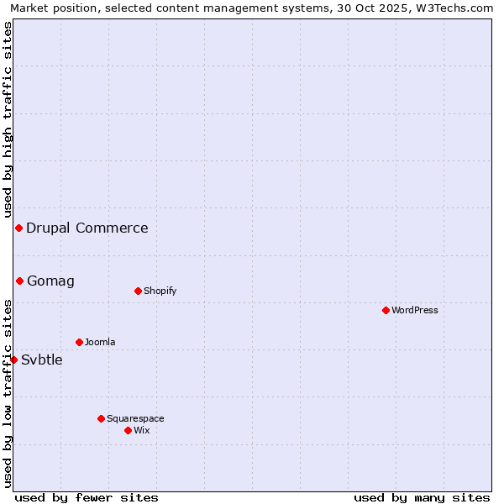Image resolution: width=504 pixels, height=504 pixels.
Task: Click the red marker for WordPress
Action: [386, 310]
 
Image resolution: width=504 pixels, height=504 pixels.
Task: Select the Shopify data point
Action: [138, 291]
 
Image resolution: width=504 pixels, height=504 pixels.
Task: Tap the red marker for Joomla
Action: [79, 342]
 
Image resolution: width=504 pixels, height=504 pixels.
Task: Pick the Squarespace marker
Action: [101, 418]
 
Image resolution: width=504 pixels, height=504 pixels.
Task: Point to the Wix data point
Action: [128, 430]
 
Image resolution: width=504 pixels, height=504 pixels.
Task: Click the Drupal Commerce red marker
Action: [18, 228]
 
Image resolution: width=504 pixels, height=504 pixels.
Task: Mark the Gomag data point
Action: [19, 281]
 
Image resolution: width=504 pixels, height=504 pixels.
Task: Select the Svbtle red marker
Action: [13, 360]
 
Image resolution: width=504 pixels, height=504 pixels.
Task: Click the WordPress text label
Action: [415, 310]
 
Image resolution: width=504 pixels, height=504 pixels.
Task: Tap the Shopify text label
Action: [160, 291]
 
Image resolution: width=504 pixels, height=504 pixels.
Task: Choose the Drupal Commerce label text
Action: [87, 228]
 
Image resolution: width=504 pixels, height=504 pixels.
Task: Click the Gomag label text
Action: [50, 281]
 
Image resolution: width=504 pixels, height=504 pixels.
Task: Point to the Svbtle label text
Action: [42, 360]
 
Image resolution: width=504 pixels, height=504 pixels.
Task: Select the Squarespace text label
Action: [135, 418]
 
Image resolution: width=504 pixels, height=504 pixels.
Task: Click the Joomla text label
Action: [100, 342]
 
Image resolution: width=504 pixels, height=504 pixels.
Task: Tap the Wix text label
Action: [141, 430]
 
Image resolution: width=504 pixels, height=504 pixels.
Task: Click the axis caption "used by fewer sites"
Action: [87, 497]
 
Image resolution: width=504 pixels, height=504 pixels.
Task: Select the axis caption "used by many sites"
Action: [422, 497]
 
